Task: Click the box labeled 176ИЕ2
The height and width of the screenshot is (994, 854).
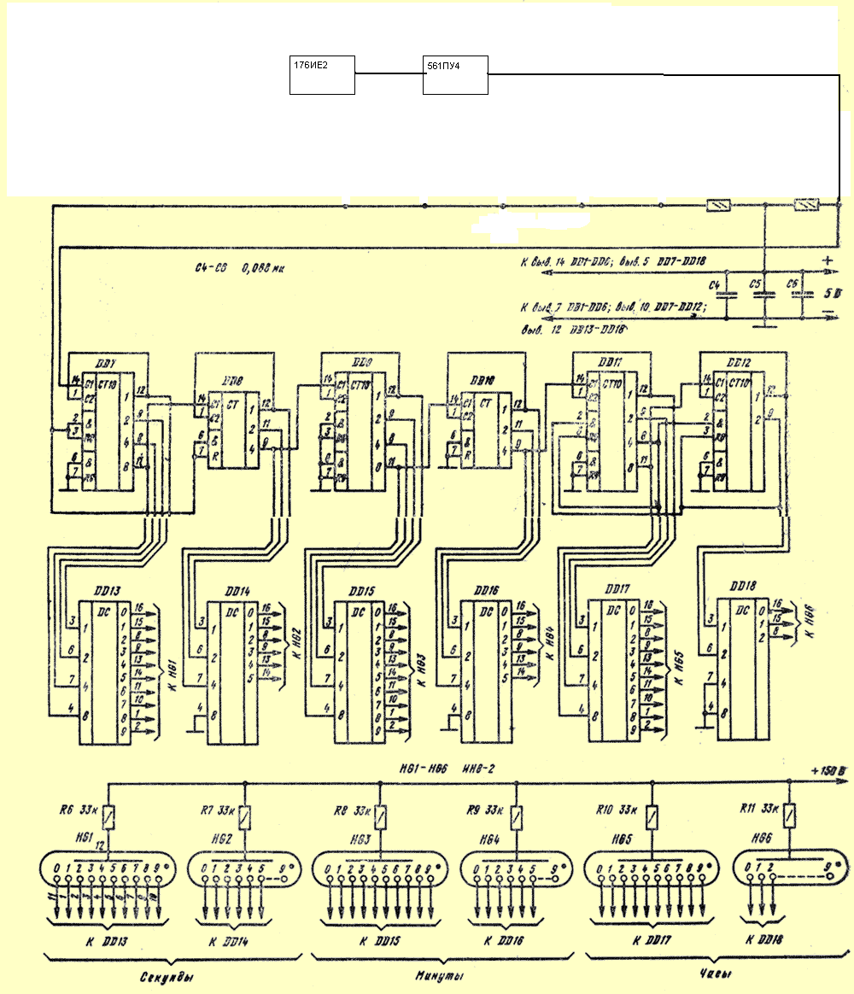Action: tap(322, 74)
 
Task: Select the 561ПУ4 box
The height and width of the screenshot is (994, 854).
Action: tap(455, 74)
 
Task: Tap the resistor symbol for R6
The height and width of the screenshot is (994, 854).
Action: tap(109, 818)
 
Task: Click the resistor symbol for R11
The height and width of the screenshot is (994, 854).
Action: tap(791, 817)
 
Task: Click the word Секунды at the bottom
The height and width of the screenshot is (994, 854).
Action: tap(161, 978)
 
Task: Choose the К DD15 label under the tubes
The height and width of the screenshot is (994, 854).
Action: tap(361, 939)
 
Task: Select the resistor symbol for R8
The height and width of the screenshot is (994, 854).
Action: tap(381, 818)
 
